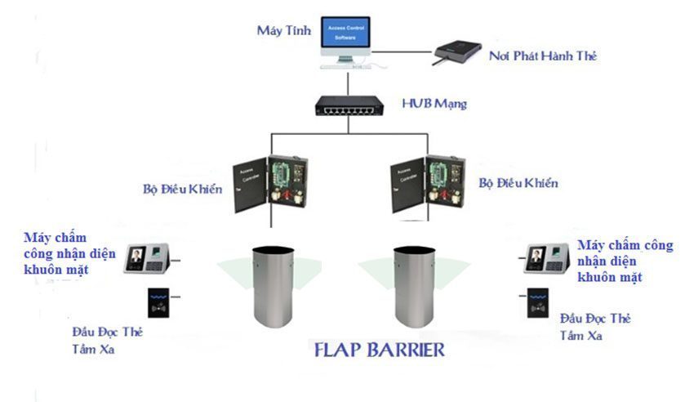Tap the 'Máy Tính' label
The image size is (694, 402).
click(x=280, y=31)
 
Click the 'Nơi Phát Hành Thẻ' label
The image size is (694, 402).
click(x=543, y=56)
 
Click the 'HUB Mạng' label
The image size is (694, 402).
click(x=434, y=104)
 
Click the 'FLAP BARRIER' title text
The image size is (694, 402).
click(x=379, y=350)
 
